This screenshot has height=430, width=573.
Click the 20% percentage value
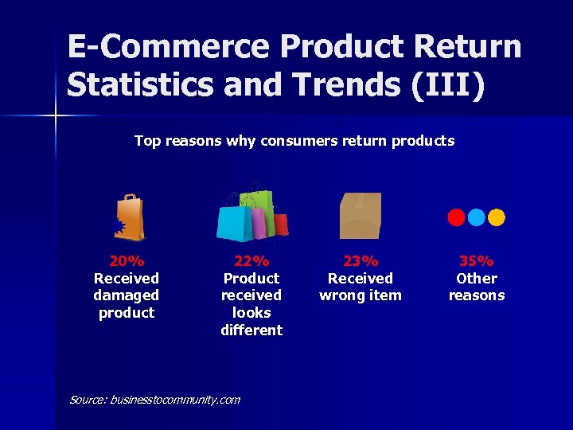pyautogui.click(x=127, y=261)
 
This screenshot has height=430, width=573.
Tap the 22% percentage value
pyautogui.click(x=251, y=261)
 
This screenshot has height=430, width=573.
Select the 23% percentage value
pyautogui.click(x=361, y=261)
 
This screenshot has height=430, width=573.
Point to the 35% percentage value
pyautogui.click(x=476, y=261)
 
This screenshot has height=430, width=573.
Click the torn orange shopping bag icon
pyautogui.click(x=130, y=217)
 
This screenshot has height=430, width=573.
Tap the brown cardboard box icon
pyautogui.click(x=361, y=216)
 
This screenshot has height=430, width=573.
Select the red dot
pyautogui.click(x=456, y=217)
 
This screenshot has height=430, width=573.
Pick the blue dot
pyautogui.click(x=476, y=217)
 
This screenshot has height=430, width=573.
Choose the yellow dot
pyautogui.click(x=496, y=217)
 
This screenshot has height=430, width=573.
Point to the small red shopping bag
pyautogui.click(x=281, y=223)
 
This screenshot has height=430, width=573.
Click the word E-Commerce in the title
pyautogui.click(x=168, y=47)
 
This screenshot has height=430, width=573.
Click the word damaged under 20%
pyautogui.click(x=127, y=295)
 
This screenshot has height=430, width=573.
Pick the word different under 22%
pyautogui.click(x=251, y=330)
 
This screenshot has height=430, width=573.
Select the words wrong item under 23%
pyautogui.click(x=361, y=295)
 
